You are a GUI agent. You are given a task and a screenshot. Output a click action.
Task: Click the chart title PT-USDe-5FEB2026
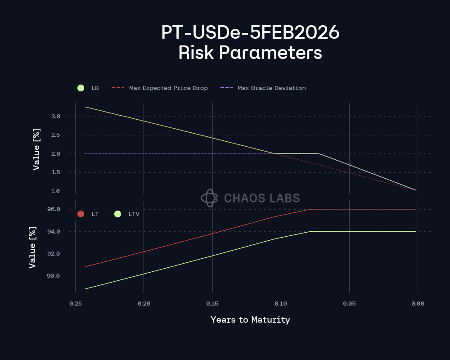click(x=250, y=32)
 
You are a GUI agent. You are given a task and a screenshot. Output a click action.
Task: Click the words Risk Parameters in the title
click(x=250, y=53)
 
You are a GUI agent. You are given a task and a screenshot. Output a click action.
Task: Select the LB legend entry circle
click(x=81, y=88)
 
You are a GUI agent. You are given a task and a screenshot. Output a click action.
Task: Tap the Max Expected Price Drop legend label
click(x=168, y=88)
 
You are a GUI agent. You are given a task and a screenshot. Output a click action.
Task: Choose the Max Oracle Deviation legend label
click(x=271, y=88)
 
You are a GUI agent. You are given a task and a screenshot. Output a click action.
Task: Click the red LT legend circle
click(x=81, y=214)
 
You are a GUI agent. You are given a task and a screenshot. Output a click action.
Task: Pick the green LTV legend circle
click(x=118, y=214)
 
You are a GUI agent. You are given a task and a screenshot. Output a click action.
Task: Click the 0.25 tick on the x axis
click(x=75, y=304)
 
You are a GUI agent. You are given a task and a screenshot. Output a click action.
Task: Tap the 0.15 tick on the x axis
click(x=212, y=304)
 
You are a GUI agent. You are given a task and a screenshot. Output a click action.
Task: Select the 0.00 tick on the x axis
click(x=418, y=304)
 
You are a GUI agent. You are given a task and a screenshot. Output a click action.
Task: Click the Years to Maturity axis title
click(x=250, y=320)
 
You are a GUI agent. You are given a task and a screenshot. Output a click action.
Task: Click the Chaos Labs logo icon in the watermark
click(x=209, y=198)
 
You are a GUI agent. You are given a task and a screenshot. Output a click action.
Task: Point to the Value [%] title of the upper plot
click(x=36, y=149)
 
